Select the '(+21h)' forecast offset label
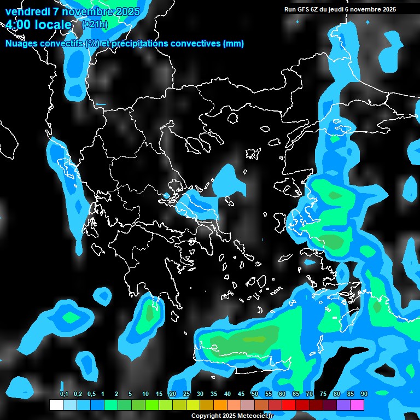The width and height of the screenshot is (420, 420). pos(95,24)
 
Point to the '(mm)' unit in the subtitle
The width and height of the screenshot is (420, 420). pos(234,43)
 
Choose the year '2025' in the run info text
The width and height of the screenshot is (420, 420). pos(389,9)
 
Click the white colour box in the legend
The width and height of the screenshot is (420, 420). pos(56,405)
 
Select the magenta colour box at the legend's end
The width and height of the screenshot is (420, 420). pos(357,405)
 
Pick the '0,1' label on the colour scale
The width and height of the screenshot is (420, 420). pos(63,394)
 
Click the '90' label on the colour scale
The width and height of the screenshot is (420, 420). pos(364,394)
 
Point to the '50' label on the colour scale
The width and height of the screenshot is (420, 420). pos(255,394)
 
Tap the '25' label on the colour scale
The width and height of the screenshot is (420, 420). pos(186,394)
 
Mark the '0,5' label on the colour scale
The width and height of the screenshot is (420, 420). pos(91,394)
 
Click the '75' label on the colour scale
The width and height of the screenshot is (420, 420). pos(323,394)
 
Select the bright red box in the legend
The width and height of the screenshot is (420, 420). pos(289,405)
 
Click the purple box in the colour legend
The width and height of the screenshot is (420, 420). pos(343,405)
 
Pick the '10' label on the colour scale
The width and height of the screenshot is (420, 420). pos(145,394)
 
